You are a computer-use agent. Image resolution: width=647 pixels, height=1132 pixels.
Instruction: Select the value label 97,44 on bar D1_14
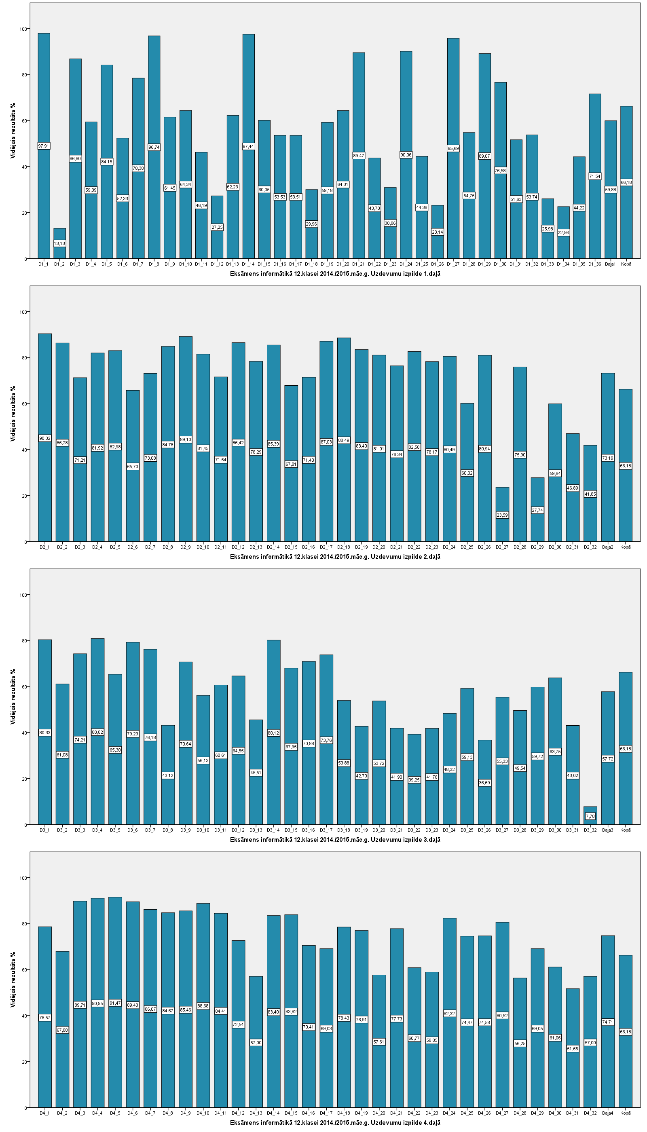(x=248, y=147)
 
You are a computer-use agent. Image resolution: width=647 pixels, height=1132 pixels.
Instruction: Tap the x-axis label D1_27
(x=453, y=264)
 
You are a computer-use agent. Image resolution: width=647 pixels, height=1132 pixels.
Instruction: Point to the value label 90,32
(x=45, y=439)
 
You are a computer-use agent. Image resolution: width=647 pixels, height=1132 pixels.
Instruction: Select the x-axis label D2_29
(x=537, y=547)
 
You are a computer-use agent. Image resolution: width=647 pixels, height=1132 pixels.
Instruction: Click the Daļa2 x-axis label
(x=607, y=547)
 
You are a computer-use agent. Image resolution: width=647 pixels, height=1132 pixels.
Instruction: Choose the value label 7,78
(x=590, y=816)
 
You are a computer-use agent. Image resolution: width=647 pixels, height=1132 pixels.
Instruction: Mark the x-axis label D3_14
(x=273, y=830)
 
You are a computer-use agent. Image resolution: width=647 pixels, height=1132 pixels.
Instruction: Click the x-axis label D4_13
(x=256, y=1113)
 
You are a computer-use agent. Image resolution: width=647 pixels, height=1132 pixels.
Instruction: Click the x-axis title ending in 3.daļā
(x=335, y=840)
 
